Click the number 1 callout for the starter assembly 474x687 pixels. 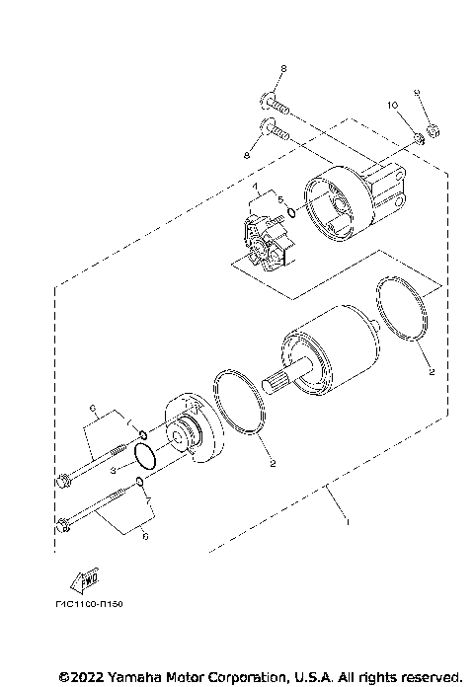346,520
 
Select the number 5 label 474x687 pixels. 279,200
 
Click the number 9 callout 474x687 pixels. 417,92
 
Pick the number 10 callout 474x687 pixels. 391,104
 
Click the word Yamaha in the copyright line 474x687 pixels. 127,677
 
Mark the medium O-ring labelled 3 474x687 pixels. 145,455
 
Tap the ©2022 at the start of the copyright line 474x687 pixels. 78,677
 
